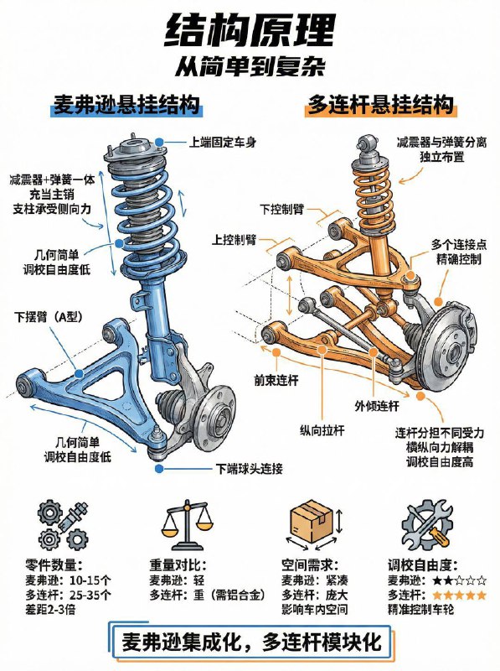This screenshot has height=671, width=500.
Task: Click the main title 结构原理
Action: click(250, 31)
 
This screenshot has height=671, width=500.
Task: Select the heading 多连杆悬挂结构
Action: click(382, 106)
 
